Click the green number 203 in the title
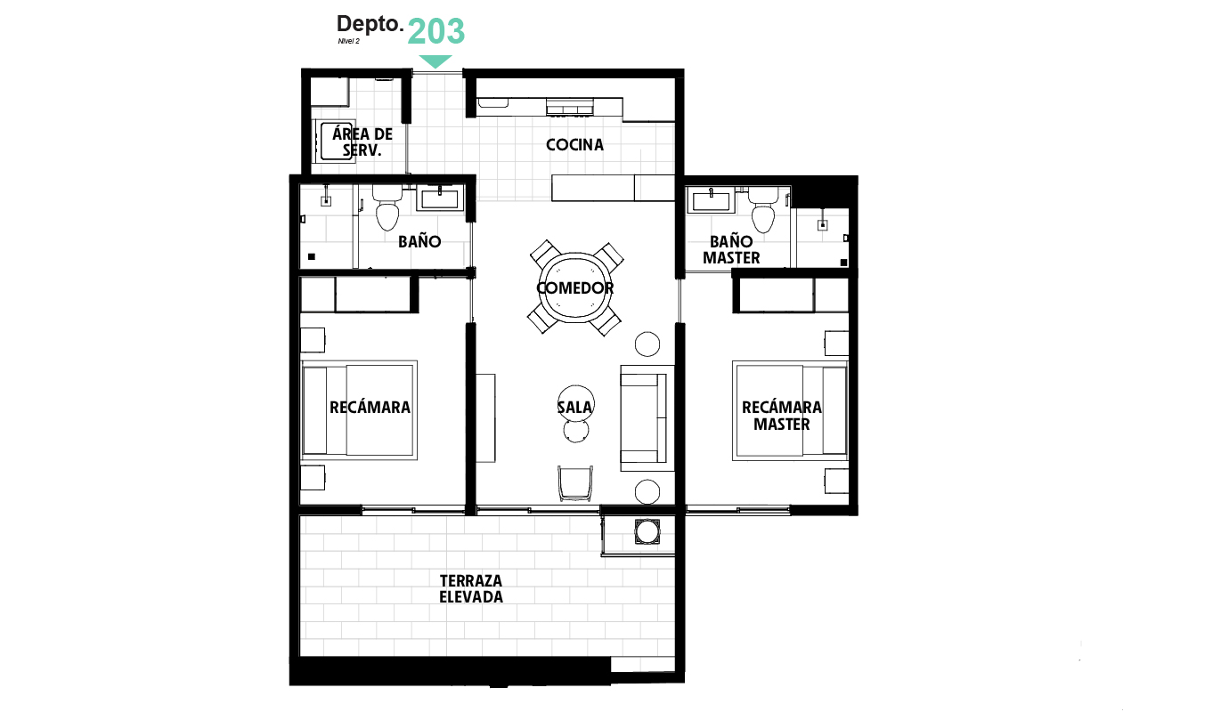436,31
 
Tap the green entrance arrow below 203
435,61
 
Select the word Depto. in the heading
370,24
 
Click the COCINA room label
574,144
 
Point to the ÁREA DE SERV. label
362,142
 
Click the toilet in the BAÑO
387,210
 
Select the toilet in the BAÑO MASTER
763,212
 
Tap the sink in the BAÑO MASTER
712,200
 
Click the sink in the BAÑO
439,198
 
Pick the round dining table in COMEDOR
575,287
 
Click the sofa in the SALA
644,418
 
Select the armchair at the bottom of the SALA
574,483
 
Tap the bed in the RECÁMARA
359,409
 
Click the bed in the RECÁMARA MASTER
789,410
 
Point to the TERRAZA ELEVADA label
471,588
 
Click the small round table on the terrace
647,532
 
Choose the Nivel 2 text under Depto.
348,41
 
